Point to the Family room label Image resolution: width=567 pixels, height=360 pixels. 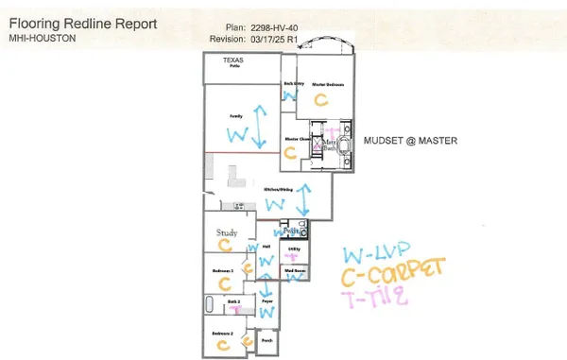coord(235,116)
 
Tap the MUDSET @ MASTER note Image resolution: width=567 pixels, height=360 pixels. coord(411,141)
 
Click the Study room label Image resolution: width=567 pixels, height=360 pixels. coord(227,232)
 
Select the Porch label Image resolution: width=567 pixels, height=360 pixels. coord(267,341)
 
